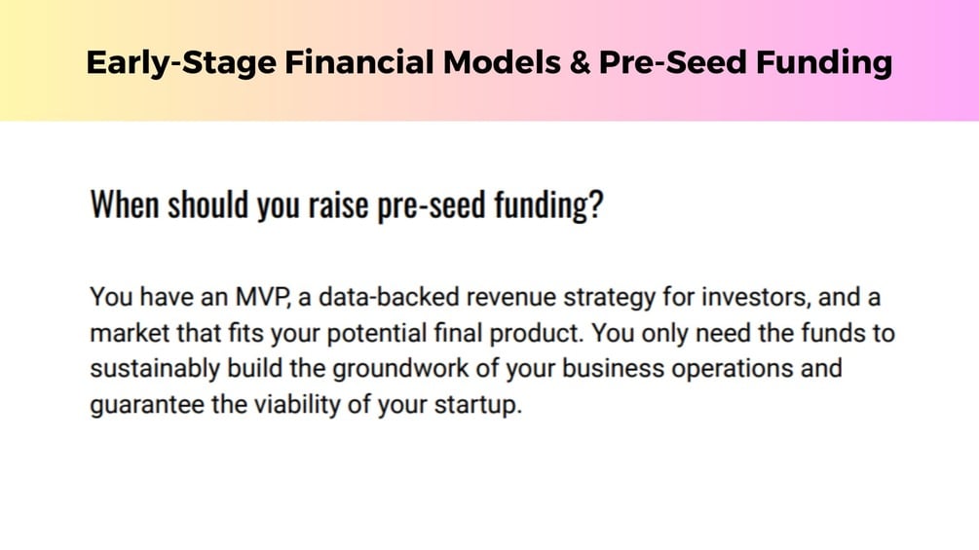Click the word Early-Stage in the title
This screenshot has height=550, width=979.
click(181, 63)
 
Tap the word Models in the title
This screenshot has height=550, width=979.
click(502, 62)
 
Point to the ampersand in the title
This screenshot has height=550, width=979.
click(580, 62)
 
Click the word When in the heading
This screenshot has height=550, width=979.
click(125, 203)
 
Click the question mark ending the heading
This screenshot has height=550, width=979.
click(596, 203)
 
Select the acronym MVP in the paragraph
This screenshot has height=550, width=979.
click(262, 297)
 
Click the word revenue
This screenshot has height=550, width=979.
click(511, 298)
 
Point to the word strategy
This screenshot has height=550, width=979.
click(610, 299)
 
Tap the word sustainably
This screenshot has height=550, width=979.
click(155, 369)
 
